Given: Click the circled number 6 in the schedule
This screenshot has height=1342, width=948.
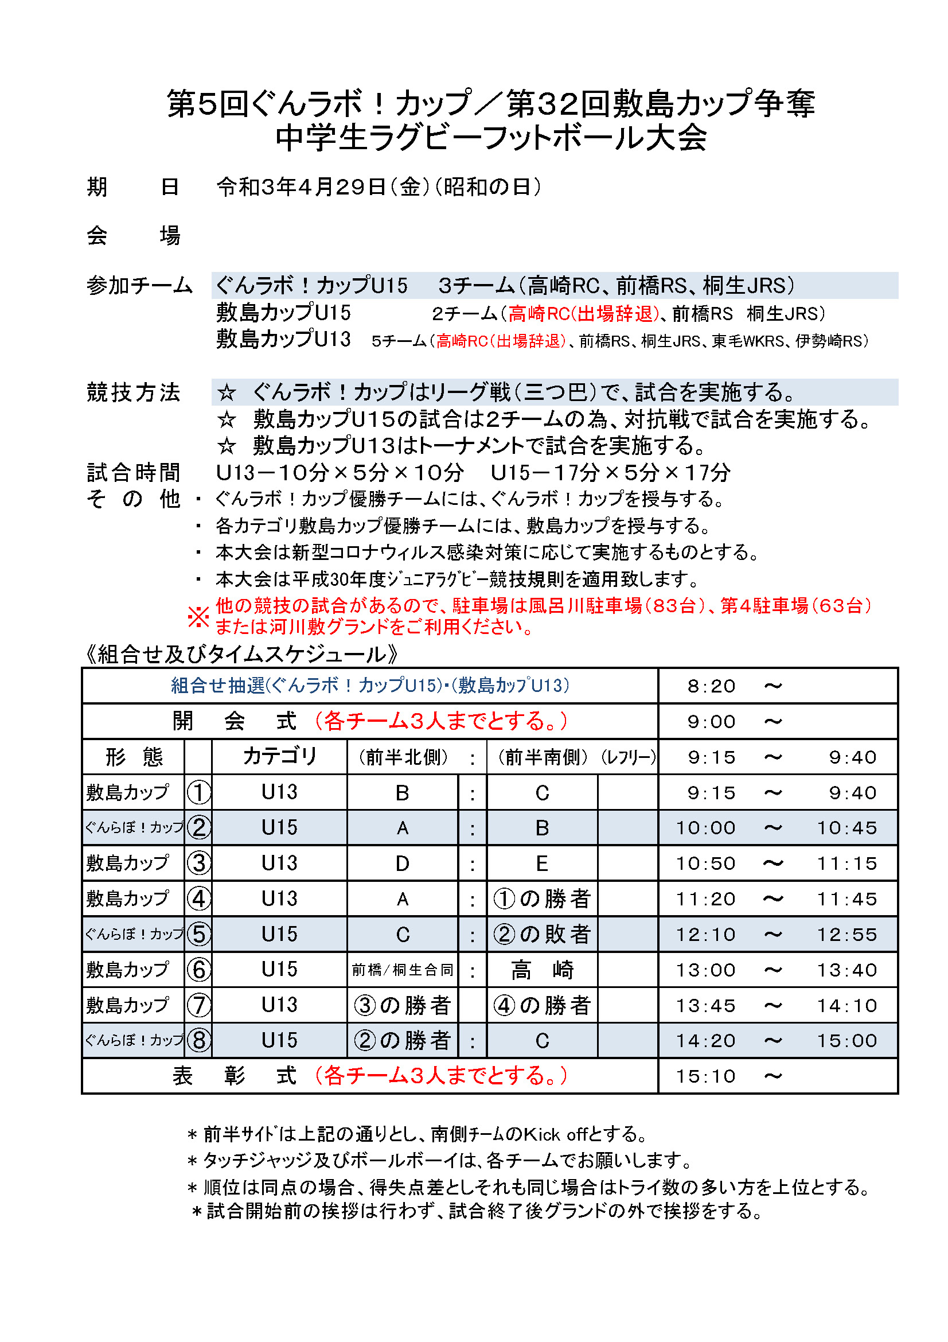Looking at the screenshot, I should [198, 970].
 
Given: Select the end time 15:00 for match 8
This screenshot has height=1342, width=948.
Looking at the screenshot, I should [846, 1041].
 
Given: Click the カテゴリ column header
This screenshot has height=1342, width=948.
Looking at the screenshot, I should [279, 756].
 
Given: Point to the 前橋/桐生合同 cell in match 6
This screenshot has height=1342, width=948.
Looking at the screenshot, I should [403, 970].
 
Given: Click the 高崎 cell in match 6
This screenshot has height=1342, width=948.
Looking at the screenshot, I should [542, 970].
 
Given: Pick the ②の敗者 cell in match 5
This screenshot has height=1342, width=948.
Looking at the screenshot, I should [542, 935].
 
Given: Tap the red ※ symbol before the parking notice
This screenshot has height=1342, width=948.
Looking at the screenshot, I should [198, 617].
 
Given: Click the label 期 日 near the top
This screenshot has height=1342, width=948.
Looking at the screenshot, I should [132, 187].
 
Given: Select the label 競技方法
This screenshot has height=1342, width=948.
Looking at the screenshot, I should [133, 392].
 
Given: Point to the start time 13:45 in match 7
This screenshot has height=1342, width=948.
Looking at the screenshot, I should [705, 1006].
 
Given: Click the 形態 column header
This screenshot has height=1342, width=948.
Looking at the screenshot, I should [134, 757].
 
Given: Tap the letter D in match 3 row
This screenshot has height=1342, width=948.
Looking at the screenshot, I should [403, 864].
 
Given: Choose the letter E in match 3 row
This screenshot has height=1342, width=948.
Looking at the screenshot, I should [542, 864].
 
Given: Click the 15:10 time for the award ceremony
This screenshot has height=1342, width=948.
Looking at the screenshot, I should [705, 1076].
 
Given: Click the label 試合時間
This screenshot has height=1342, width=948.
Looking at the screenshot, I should [133, 472].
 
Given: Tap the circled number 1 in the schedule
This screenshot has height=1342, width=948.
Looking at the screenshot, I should [198, 792].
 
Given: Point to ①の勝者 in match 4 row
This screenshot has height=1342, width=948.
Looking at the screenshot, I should [542, 899].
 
